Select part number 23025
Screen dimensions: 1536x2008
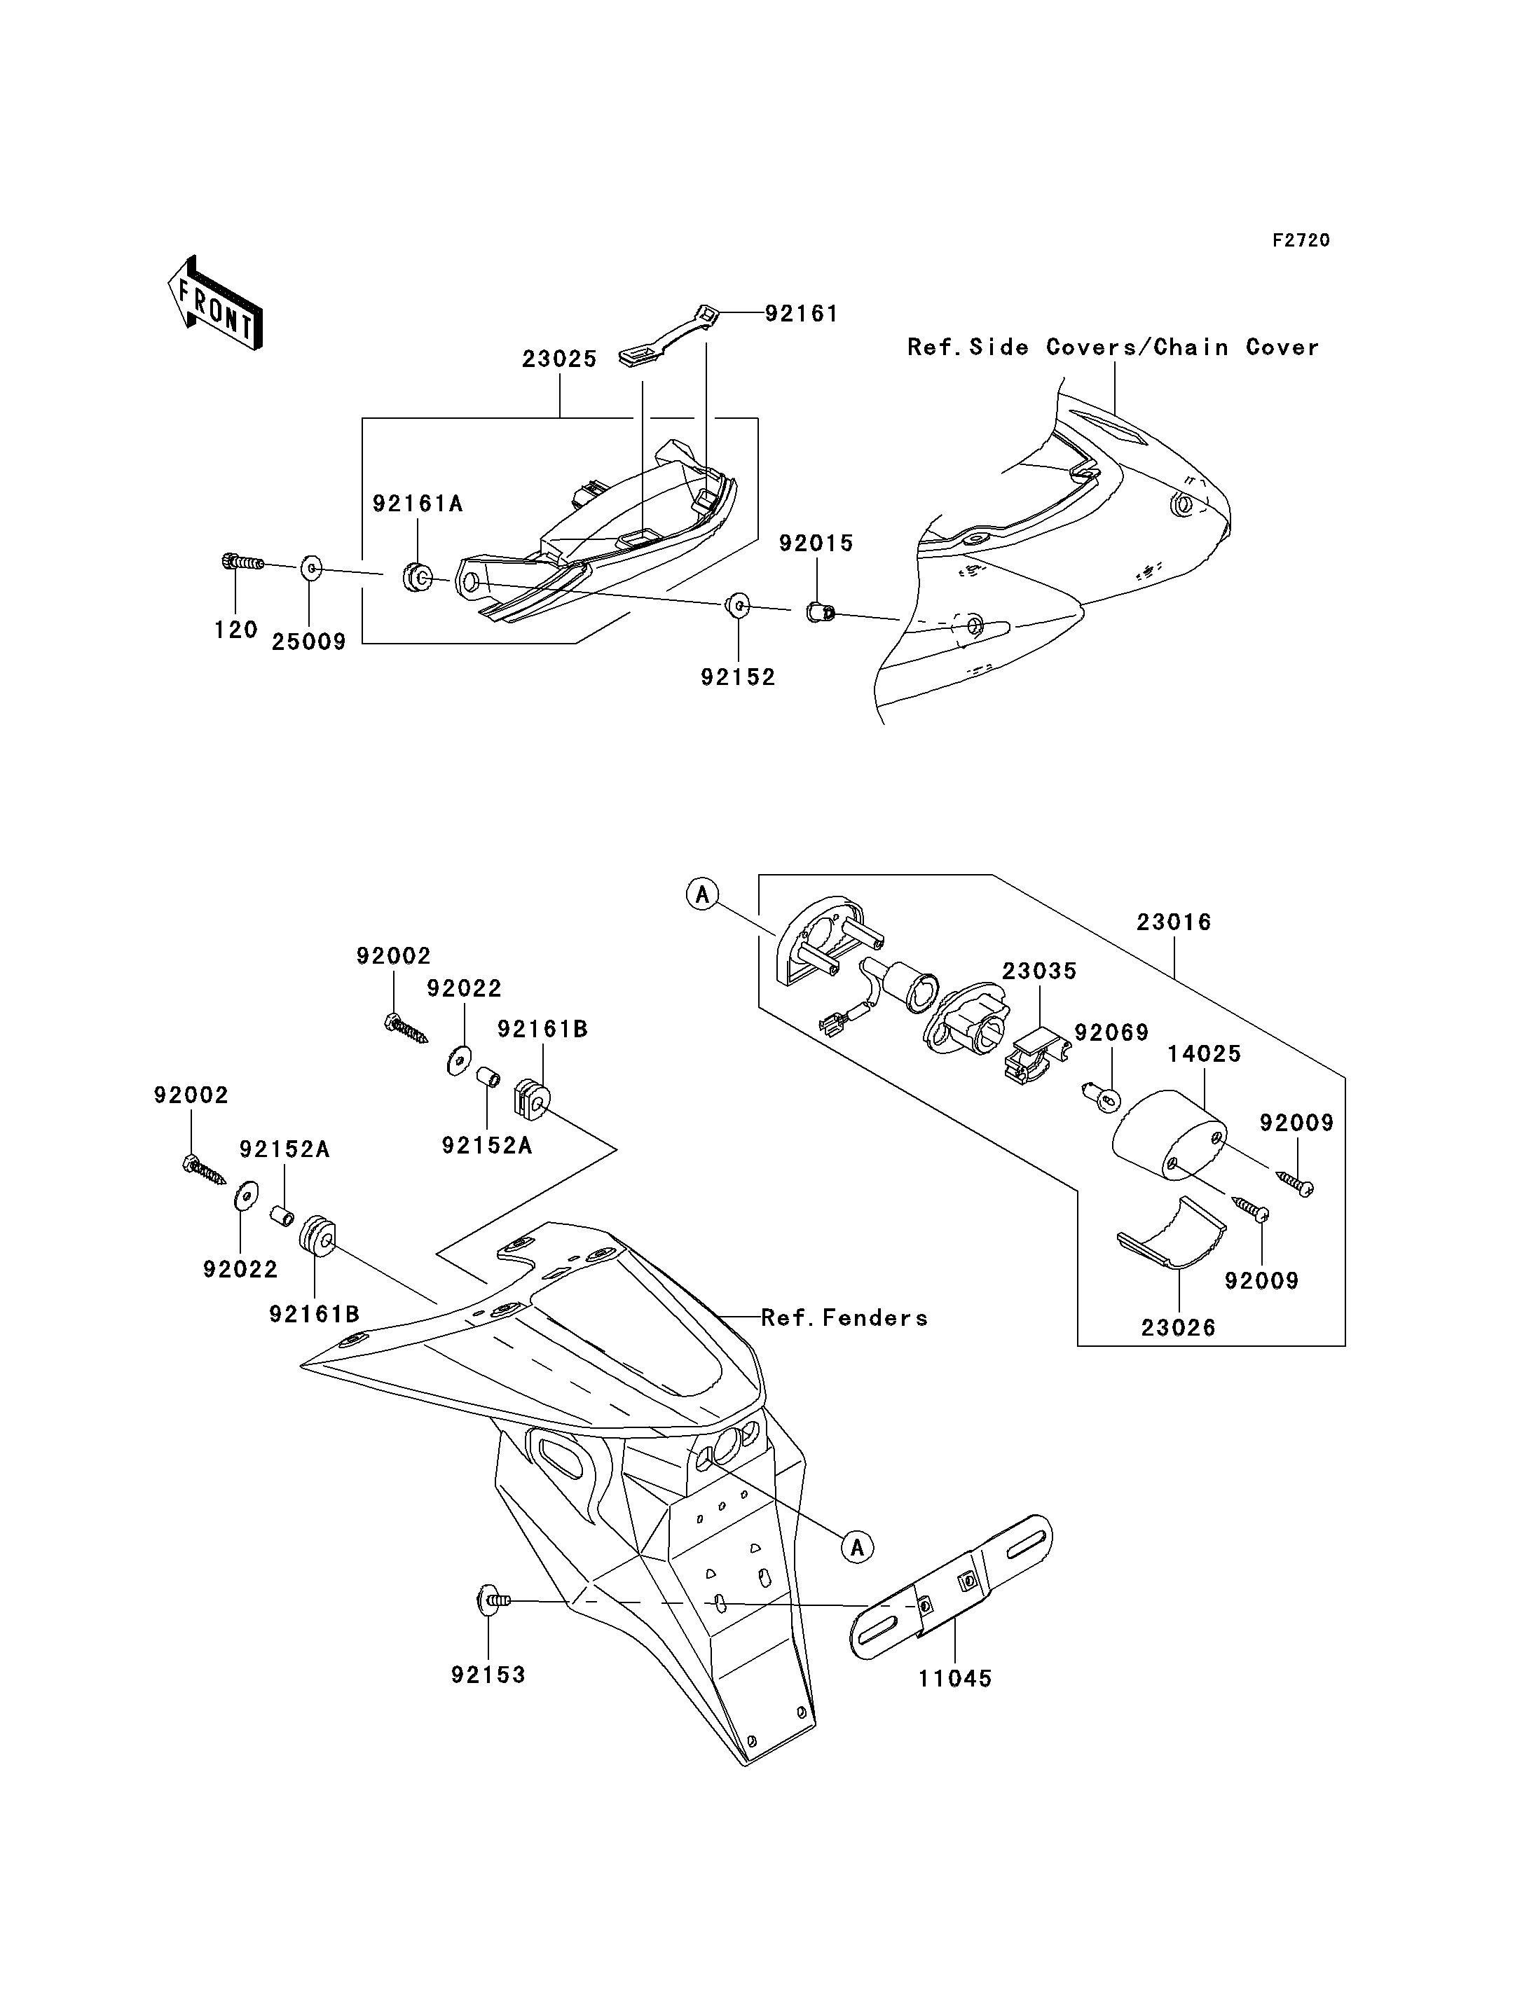pyautogui.click(x=560, y=359)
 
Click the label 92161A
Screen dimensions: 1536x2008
pyautogui.click(x=418, y=504)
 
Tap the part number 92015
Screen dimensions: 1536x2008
pyautogui.click(x=816, y=543)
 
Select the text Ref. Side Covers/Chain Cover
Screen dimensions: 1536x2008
pyautogui.click(x=1113, y=347)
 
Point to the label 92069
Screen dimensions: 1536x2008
pyautogui.click(x=1112, y=1033)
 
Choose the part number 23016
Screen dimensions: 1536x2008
pyautogui.click(x=1174, y=922)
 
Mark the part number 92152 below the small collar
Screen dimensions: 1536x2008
pyautogui.click(x=738, y=677)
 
